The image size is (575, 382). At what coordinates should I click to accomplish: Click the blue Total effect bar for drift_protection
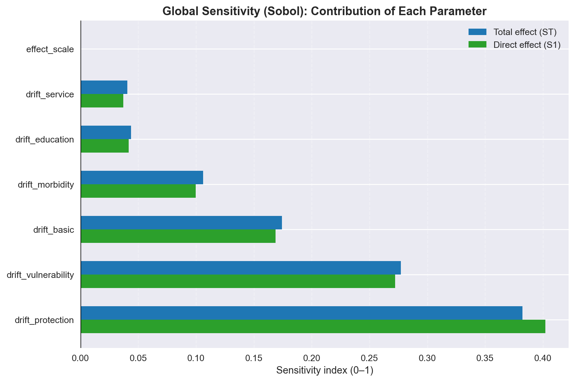click(301, 313)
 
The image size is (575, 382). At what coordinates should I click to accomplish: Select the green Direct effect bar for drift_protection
click(313, 326)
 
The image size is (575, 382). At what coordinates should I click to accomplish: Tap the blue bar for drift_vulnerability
click(241, 268)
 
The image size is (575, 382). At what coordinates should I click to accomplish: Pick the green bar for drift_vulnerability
click(238, 281)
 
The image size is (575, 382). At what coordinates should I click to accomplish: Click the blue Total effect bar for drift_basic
click(181, 223)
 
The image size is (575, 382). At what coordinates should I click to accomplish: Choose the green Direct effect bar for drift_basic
click(178, 236)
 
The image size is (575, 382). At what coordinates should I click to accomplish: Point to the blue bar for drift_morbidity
click(142, 178)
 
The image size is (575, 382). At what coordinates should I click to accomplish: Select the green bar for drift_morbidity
click(138, 191)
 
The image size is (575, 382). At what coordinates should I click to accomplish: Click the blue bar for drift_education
click(106, 132)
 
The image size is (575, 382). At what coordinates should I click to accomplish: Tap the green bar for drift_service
click(102, 101)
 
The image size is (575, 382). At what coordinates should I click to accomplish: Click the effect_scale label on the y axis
click(50, 50)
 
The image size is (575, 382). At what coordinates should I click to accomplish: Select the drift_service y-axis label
click(50, 95)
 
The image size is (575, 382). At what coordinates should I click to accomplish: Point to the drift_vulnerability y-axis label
click(40, 275)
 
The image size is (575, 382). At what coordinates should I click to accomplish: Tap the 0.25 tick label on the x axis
click(370, 358)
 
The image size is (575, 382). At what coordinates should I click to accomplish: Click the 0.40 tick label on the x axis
click(543, 358)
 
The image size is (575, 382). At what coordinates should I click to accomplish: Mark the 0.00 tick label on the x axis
click(81, 358)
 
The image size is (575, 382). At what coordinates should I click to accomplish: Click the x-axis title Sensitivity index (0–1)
click(325, 371)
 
